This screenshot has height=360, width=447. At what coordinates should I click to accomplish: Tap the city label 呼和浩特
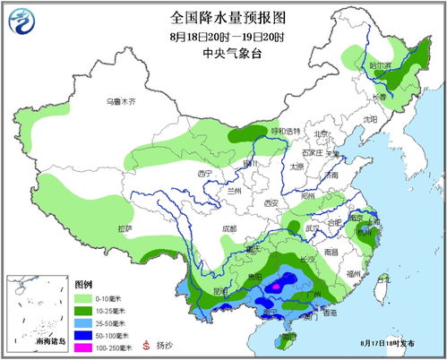[286, 132]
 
